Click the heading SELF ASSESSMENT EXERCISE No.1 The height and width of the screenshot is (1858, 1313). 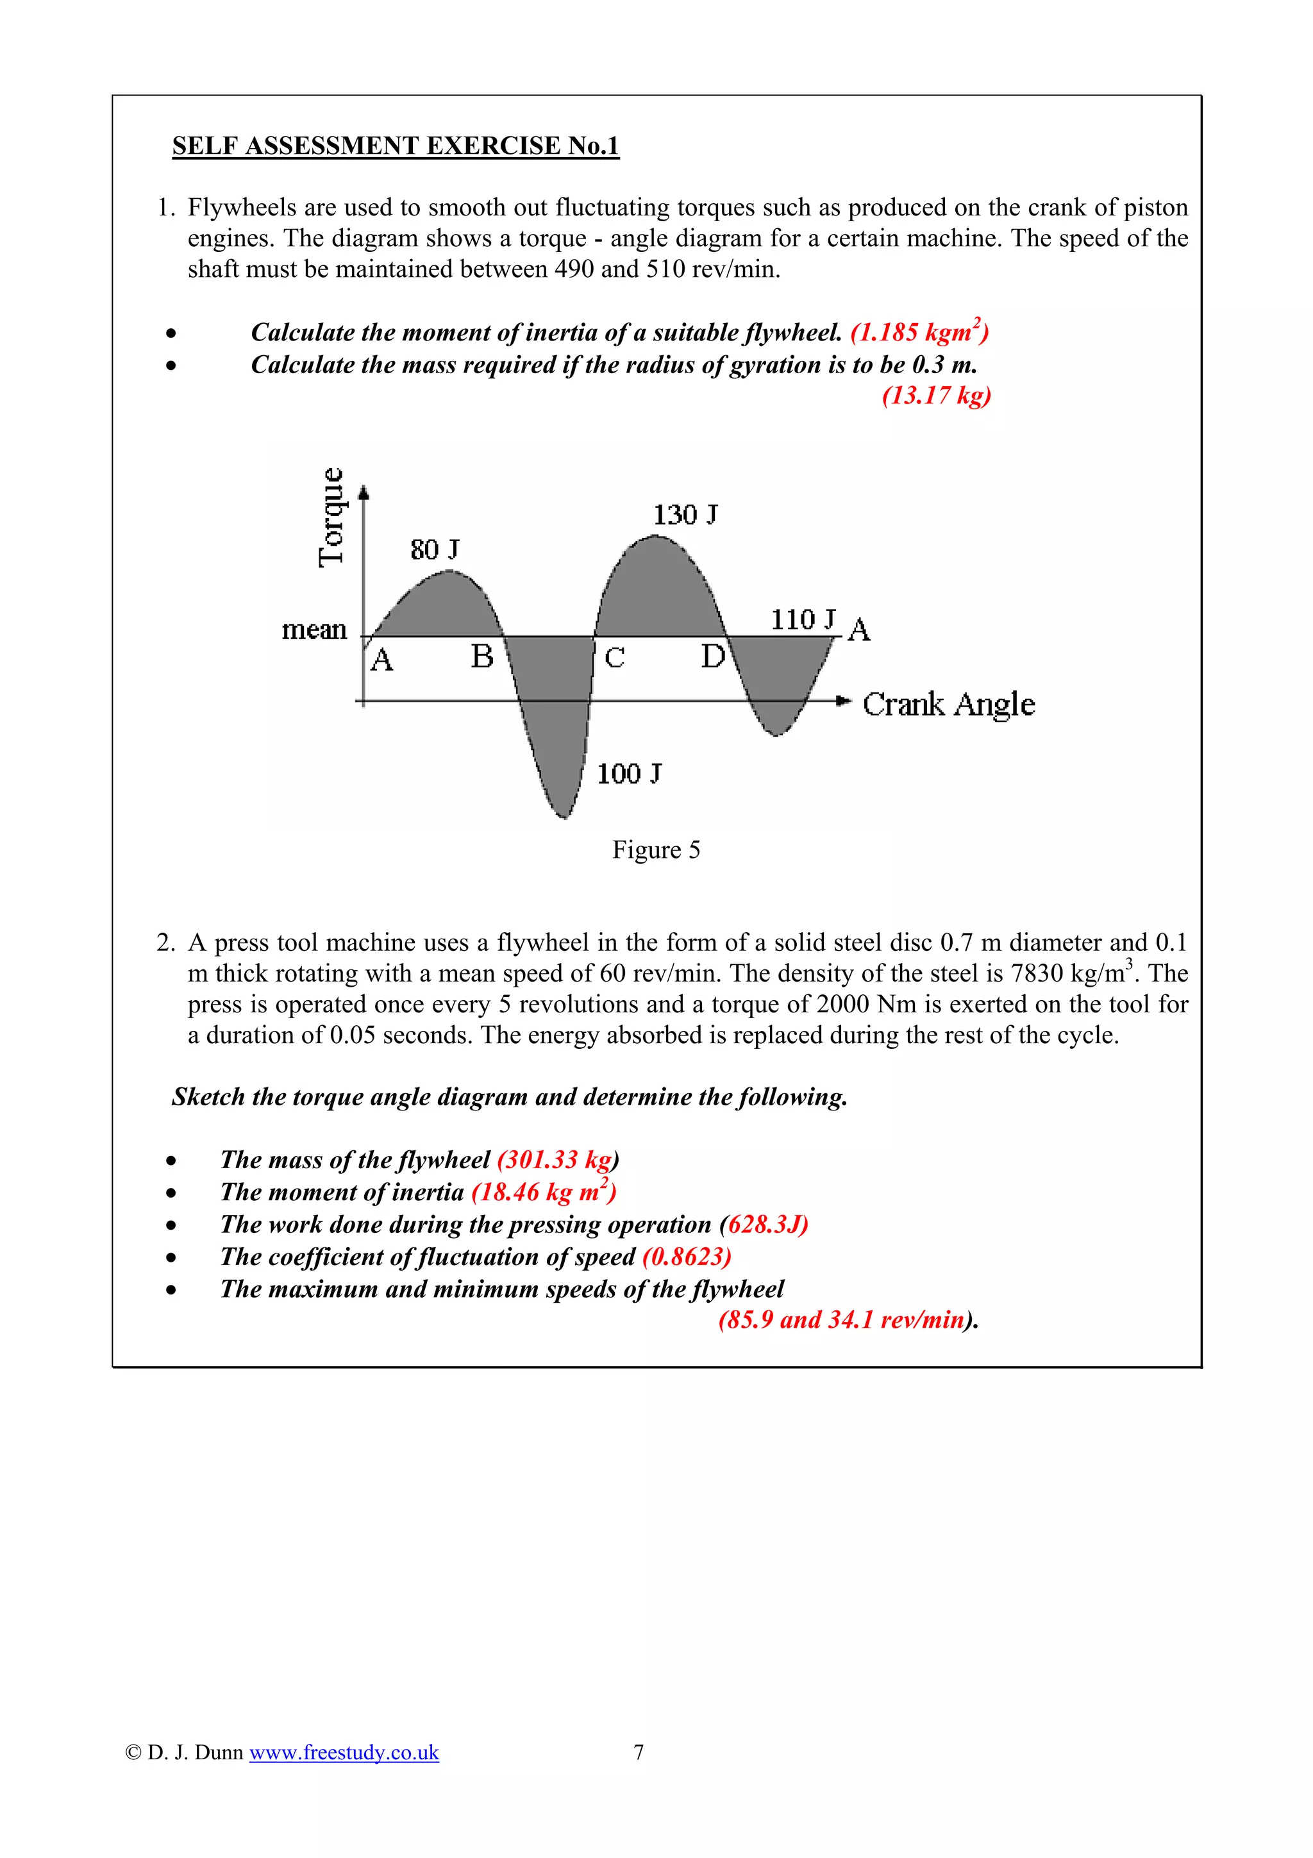(x=395, y=146)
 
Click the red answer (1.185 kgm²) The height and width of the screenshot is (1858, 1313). (x=919, y=332)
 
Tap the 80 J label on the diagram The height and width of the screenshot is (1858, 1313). (x=435, y=549)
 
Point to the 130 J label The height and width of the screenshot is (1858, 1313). (x=685, y=515)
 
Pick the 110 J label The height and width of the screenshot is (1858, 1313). (x=803, y=620)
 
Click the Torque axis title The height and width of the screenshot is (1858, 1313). (x=331, y=518)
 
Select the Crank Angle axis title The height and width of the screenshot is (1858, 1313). (x=948, y=704)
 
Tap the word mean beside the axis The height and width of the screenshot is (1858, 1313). (x=314, y=630)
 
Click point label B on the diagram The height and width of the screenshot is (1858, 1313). (x=482, y=657)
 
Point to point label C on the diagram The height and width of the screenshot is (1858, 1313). (x=615, y=658)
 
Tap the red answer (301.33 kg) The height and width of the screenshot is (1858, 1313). (x=557, y=1160)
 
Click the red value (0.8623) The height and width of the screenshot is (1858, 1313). (x=687, y=1257)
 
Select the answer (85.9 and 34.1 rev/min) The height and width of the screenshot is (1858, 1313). (x=847, y=1320)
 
